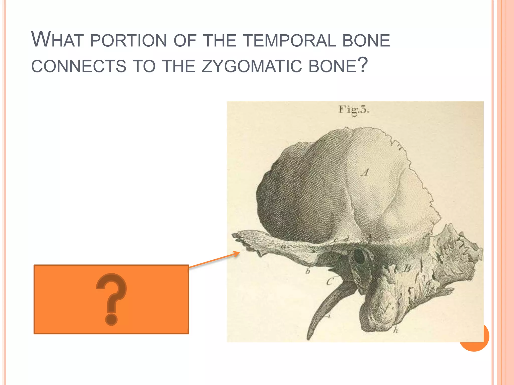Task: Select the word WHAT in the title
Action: tap(57, 40)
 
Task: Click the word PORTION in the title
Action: tap(128, 40)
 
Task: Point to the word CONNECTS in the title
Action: tap(79, 66)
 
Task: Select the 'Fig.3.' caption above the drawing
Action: tap(354, 110)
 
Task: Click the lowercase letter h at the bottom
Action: tap(396, 330)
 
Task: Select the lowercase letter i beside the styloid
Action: tap(329, 316)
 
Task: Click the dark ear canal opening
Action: tap(360, 256)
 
